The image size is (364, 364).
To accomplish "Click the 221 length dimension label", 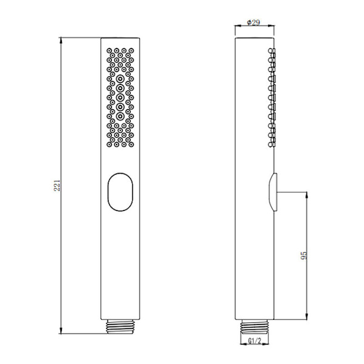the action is click(57, 185).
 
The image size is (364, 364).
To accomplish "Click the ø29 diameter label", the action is click(254, 22).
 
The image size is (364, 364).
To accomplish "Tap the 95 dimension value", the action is click(304, 255).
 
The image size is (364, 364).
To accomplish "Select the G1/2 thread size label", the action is click(255, 341).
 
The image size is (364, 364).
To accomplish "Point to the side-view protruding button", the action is click(273, 192).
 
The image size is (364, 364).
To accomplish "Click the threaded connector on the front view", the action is click(120, 326).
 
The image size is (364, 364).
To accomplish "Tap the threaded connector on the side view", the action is click(255, 326).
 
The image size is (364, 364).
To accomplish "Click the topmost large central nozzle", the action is click(120, 79).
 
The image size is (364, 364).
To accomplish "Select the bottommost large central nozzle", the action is click(120, 116).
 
